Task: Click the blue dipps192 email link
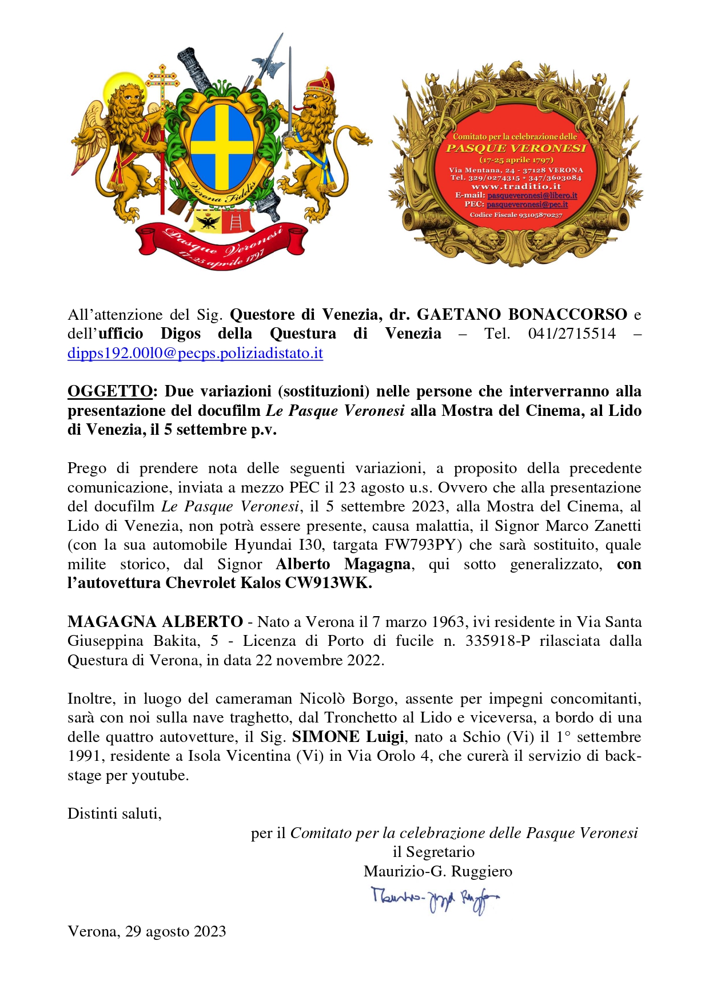click(x=195, y=353)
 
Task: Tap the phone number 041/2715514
click(x=572, y=334)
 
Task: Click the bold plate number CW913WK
click(x=337, y=583)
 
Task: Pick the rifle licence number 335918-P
click(x=497, y=641)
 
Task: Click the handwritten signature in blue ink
click(x=435, y=900)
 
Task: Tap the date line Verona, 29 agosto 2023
click(x=147, y=931)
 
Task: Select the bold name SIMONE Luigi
click(x=348, y=737)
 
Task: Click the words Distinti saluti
click(x=114, y=813)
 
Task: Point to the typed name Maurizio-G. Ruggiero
click(x=438, y=871)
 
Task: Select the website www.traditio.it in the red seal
click(x=516, y=186)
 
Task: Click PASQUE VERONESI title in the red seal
click(x=516, y=148)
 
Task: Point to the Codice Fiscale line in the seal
click(x=516, y=215)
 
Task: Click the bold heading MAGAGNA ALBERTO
click(x=155, y=622)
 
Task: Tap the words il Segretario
click(x=433, y=852)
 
